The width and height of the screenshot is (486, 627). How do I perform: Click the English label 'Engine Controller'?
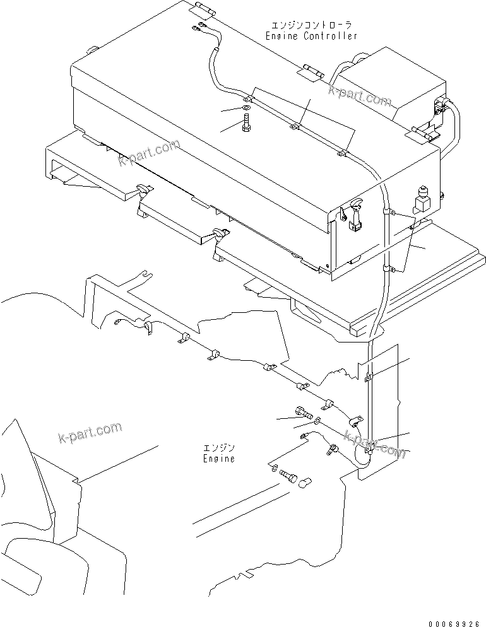coord(311,36)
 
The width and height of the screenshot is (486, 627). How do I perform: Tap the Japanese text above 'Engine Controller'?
coord(311,25)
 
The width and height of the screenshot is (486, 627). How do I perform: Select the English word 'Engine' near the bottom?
coord(218,459)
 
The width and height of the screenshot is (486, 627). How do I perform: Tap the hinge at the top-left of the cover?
coord(200,8)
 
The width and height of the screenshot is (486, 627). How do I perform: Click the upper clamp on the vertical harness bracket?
coord(369,378)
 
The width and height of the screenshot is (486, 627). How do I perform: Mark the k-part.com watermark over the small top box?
coord(360,95)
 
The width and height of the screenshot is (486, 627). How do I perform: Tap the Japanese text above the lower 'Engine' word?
coord(218,447)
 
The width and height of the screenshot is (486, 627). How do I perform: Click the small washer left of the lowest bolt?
coord(273,468)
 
